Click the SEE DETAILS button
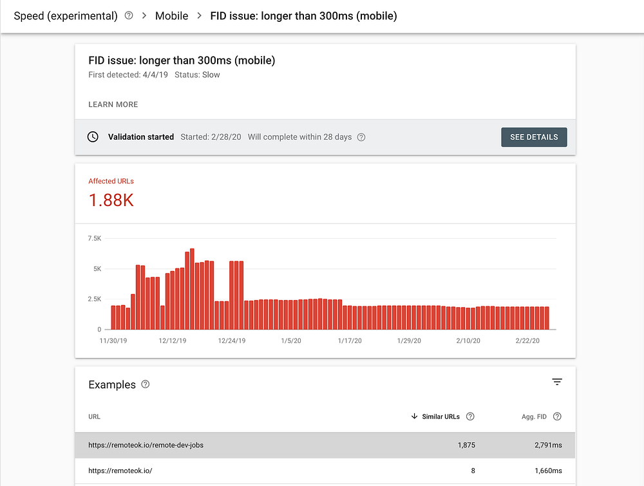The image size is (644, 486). pyautogui.click(x=534, y=137)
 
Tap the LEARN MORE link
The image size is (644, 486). pyautogui.click(x=113, y=104)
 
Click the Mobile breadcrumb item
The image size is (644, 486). pyautogui.click(x=171, y=15)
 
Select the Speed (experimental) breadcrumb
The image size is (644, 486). pyautogui.click(x=66, y=15)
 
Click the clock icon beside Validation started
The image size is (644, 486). pyautogui.click(x=93, y=137)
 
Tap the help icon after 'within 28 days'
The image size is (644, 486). pyautogui.click(x=361, y=137)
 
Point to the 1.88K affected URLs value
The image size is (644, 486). pyautogui.click(x=111, y=200)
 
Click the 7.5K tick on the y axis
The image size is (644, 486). pyautogui.click(x=94, y=239)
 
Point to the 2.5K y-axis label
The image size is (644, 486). pyautogui.click(x=94, y=299)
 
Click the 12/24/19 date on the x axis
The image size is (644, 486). pyautogui.click(x=232, y=341)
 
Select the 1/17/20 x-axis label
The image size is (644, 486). pyautogui.click(x=350, y=341)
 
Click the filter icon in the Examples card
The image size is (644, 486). pyautogui.click(x=557, y=382)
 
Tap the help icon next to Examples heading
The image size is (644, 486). pyautogui.click(x=146, y=384)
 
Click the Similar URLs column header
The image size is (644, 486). pyautogui.click(x=440, y=416)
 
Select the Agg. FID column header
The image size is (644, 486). pyautogui.click(x=533, y=416)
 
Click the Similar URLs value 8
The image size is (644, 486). pyautogui.click(x=473, y=471)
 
